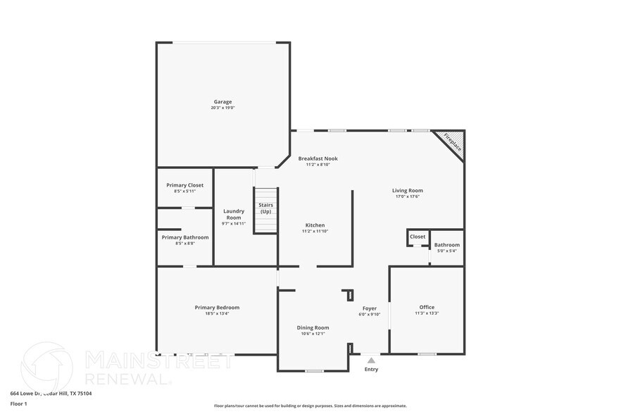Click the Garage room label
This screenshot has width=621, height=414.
pyautogui.click(x=222, y=101)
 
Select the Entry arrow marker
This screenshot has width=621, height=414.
pyautogui.click(x=371, y=360)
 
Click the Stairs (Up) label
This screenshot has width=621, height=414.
pyautogui.click(x=265, y=208)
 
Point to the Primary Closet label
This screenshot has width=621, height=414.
pyautogui.click(x=184, y=185)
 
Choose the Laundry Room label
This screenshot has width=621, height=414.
pyautogui.click(x=234, y=214)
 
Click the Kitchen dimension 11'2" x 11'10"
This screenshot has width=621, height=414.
pyautogui.click(x=314, y=231)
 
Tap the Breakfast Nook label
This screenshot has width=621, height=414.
pyautogui.click(x=318, y=158)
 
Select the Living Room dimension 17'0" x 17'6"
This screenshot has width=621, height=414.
pyautogui.click(x=407, y=196)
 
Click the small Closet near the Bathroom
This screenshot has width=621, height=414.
pyautogui.click(x=418, y=237)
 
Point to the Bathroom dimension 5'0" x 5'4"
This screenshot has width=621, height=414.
pyautogui.click(x=446, y=251)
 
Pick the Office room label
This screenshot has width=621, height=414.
pyautogui.click(x=427, y=307)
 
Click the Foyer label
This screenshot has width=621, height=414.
pyautogui.click(x=370, y=308)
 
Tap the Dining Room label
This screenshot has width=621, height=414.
pyautogui.click(x=313, y=327)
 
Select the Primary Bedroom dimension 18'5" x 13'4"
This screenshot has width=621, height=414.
pyautogui.click(x=217, y=313)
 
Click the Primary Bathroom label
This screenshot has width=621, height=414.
pyautogui.click(x=184, y=237)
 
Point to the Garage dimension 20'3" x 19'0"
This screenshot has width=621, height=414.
pyautogui.click(x=222, y=108)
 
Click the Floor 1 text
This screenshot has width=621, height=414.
pyautogui.click(x=18, y=403)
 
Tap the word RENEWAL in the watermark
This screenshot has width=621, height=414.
pyautogui.click(x=127, y=379)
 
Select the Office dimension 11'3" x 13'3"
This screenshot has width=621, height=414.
pyautogui.click(x=427, y=313)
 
